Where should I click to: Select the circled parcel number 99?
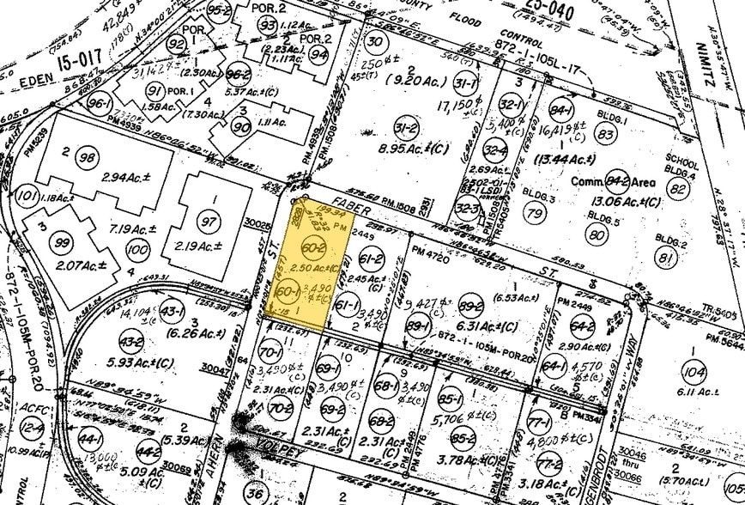point(61,243)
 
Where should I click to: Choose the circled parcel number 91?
point(154,92)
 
